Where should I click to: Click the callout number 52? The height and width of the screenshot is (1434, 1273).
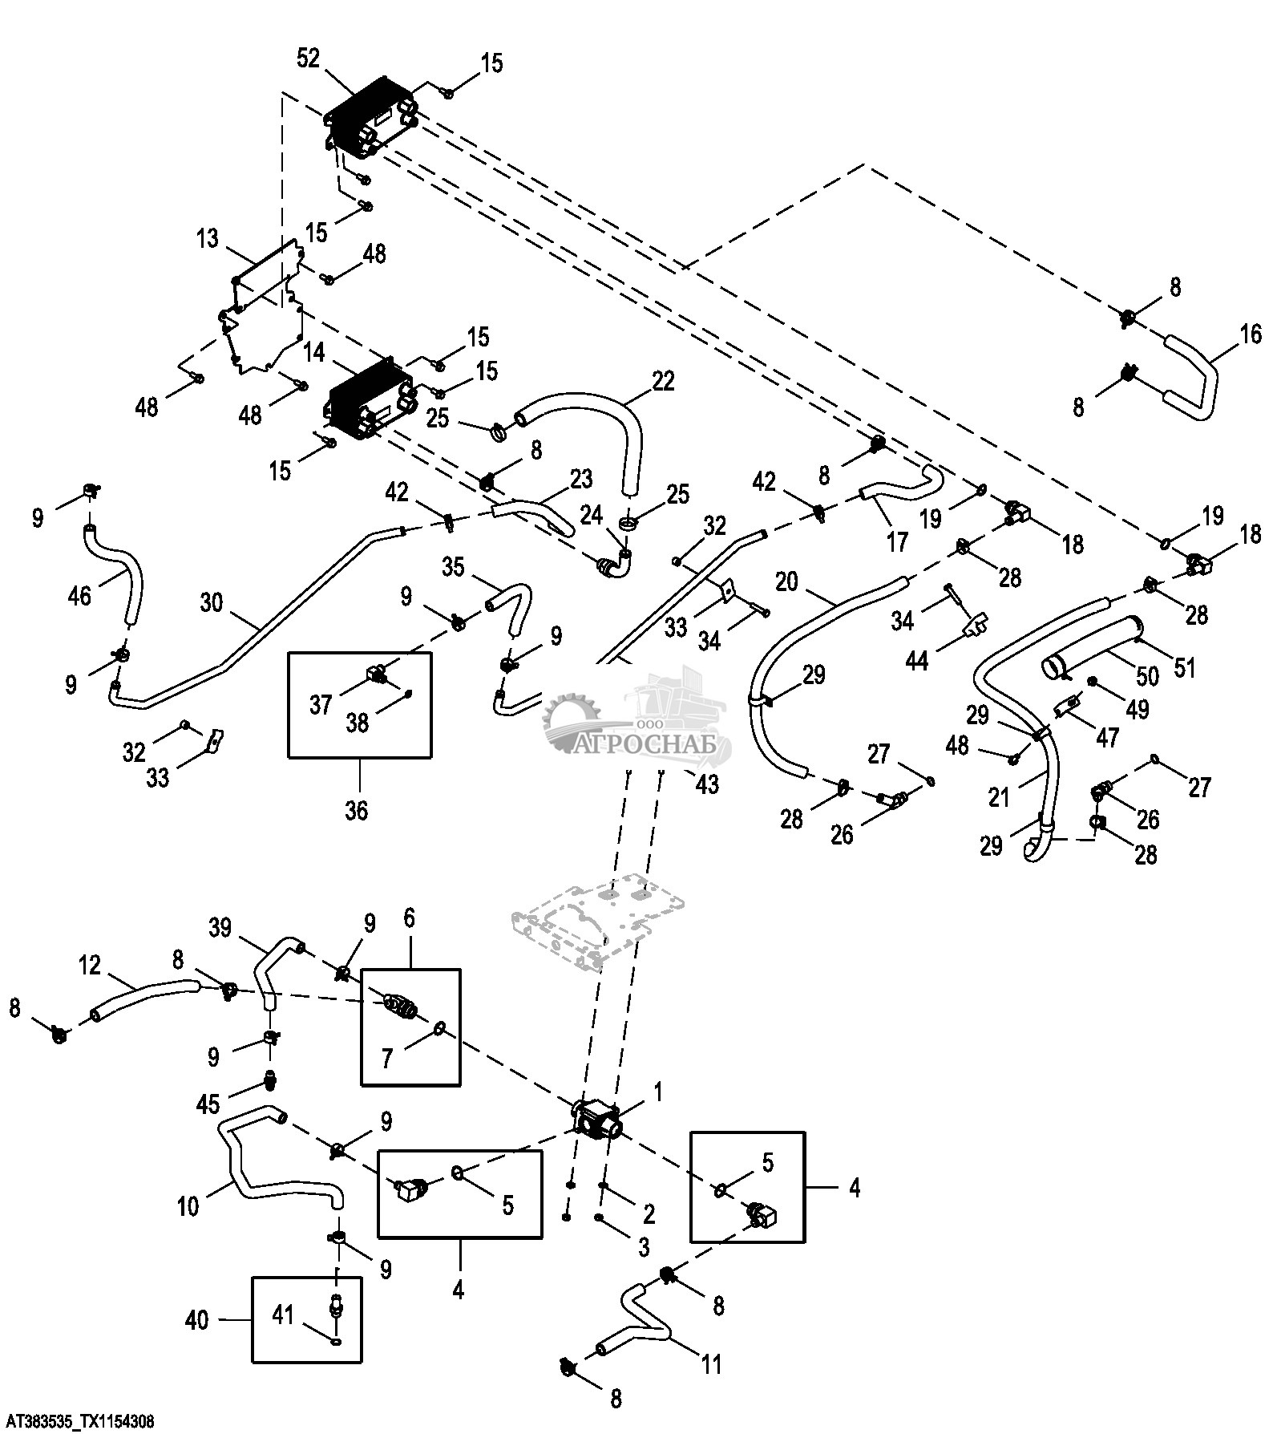(x=308, y=59)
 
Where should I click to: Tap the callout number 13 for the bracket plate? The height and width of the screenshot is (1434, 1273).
(x=207, y=238)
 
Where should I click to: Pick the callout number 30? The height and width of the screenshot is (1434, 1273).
(x=212, y=602)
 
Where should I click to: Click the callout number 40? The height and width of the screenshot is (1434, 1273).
(x=197, y=1319)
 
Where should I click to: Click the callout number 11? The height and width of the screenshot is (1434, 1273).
(x=712, y=1363)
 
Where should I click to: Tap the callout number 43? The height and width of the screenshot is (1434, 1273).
(x=707, y=784)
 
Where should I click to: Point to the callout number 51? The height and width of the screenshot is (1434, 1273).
(x=1184, y=666)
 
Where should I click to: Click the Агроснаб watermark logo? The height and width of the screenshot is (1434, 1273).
(x=637, y=722)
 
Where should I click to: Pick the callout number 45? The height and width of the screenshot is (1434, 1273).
(x=208, y=1104)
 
